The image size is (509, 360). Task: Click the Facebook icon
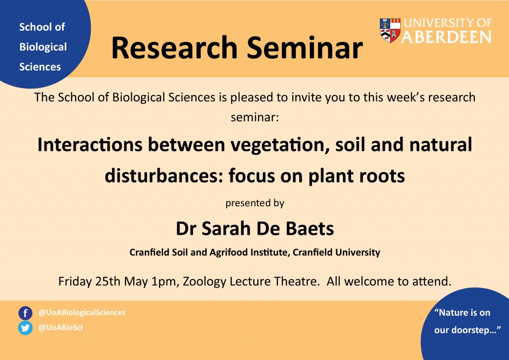pyautogui.click(x=25, y=313)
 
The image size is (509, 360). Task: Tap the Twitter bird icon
pyautogui.click(x=25, y=328)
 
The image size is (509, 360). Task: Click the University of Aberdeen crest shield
pyautogui.click(x=390, y=30)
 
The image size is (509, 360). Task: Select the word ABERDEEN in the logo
pyautogui.click(x=446, y=37)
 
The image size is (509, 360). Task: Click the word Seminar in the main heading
pyautogui.click(x=305, y=48)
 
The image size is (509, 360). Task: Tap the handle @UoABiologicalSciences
pyautogui.click(x=82, y=313)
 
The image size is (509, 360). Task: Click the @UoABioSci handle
pyautogui.click(x=61, y=328)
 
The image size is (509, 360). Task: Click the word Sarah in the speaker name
pyautogui.click(x=226, y=229)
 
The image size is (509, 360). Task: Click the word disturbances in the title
pyautogui.click(x=164, y=176)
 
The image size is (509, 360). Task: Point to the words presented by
pyautogui.click(x=255, y=203)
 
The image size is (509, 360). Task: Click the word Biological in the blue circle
pyautogui.click(x=43, y=47)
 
